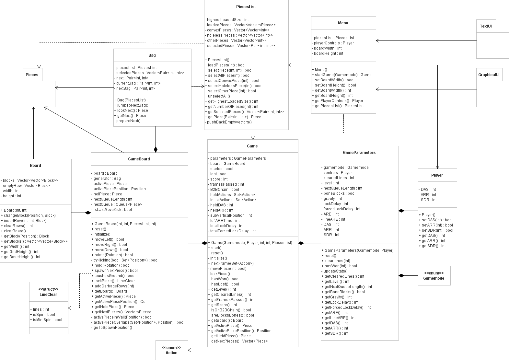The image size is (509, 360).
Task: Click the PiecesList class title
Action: [x=246, y=6]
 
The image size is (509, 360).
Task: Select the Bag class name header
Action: [x=152, y=55]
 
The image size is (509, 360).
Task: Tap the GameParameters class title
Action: [x=359, y=152]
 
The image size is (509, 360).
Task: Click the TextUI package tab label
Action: [x=486, y=26]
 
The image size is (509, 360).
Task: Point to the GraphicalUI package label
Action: [x=489, y=75]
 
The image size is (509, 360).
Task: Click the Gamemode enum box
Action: [x=434, y=275]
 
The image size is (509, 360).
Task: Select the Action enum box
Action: [x=171, y=350]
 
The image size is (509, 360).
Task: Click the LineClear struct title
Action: [x=48, y=292]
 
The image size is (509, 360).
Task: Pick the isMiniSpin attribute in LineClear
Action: [x=47, y=320]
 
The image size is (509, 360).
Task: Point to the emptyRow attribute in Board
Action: [x=25, y=186]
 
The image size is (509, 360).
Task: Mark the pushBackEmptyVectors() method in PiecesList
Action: [x=228, y=122]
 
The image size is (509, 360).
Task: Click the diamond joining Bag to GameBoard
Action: [x=156, y=149]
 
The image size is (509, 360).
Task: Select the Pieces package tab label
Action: [x=32, y=75]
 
